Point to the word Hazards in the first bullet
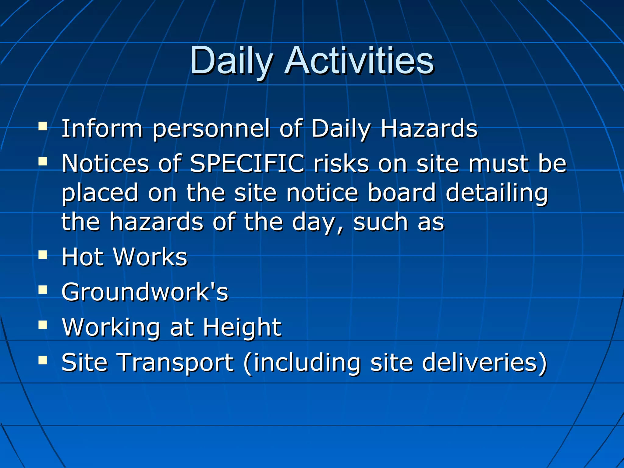[429, 129]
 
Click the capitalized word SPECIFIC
[247, 164]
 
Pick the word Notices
[105, 164]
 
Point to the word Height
[242, 328]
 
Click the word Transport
[176, 363]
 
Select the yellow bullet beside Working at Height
[43, 325]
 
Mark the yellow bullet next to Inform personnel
[43, 126]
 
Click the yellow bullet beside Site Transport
[43, 360]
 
